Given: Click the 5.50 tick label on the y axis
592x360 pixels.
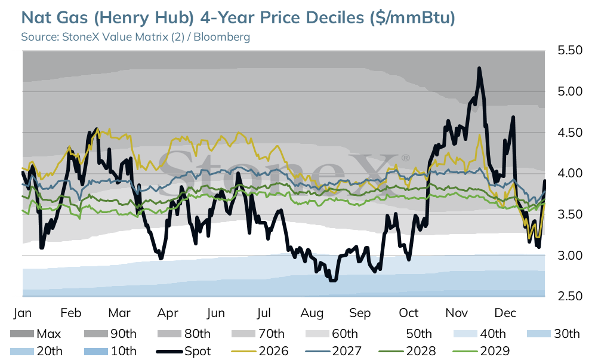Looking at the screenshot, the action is [570, 50].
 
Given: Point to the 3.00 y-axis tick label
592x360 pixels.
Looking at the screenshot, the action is [570, 256].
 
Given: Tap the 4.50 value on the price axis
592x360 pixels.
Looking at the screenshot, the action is [570, 133].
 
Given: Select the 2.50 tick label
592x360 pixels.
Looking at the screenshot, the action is [570, 296].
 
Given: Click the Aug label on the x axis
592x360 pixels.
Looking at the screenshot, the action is [312, 313].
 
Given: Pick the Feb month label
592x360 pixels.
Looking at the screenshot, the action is [71, 313].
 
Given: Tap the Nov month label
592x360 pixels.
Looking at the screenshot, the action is [457, 313].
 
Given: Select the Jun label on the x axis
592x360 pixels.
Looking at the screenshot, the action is [215, 313].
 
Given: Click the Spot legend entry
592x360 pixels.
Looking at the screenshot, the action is [183, 351].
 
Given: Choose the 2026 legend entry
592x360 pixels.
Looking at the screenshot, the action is [260, 351].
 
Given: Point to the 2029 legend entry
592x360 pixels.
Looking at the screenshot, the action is [481, 351].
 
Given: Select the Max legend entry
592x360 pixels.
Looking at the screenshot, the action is [35, 334].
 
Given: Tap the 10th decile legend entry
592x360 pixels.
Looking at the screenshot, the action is [110, 351].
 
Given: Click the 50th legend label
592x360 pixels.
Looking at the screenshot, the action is [419, 334].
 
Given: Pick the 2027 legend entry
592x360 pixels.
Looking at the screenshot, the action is [334, 351].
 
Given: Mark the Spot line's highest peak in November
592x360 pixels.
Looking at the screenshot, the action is [479, 68].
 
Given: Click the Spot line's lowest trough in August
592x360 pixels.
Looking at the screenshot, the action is [333, 280].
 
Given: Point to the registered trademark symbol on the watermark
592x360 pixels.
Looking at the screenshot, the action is [405, 158].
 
